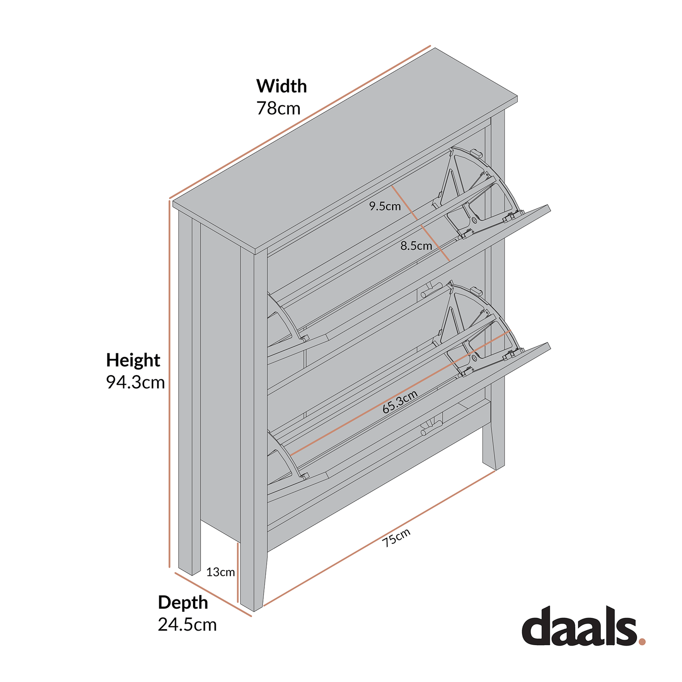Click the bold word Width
(281, 86)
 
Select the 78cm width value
(278, 109)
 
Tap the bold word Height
(133, 360)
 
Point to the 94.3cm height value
(135, 382)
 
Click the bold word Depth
(183, 603)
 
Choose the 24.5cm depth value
(187, 625)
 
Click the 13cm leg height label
(220, 573)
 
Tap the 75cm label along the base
(396, 538)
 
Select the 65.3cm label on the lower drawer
(400, 402)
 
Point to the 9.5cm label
(385, 206)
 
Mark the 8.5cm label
(416, 246)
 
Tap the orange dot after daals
(641, 641)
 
